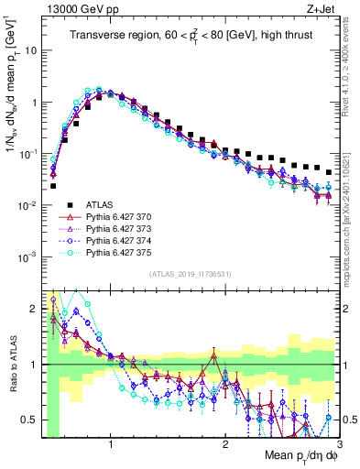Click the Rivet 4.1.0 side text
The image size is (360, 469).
[x=349, y=64]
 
